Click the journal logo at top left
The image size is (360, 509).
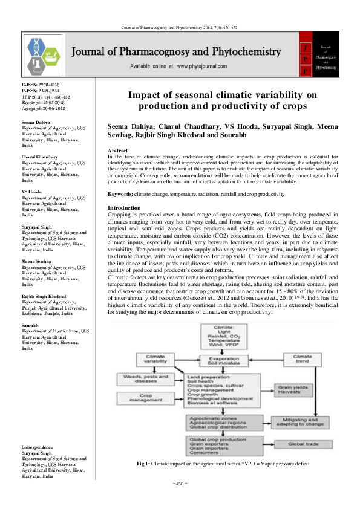(x=42, y=53)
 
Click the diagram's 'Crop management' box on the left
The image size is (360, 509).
(x=137, y=399)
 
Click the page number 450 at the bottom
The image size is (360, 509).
(x=180, y=484)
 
